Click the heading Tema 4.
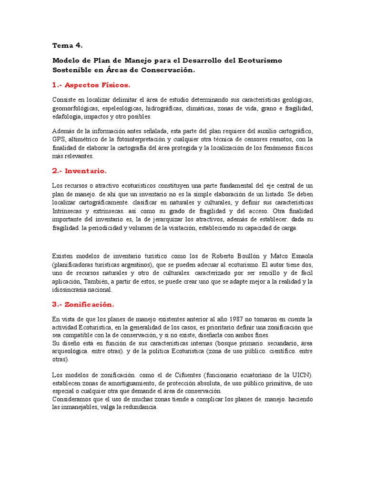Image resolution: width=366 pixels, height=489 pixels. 67,45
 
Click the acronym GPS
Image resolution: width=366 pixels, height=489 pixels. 59,139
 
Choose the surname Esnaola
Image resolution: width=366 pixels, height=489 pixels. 296,255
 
